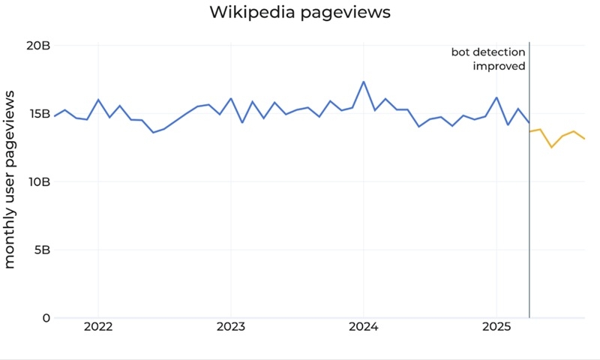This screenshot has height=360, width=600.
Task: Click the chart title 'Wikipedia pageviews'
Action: [300, 13]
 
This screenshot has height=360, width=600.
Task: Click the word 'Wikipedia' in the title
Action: [253, 13]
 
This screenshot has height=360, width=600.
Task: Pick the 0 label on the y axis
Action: [46, 318]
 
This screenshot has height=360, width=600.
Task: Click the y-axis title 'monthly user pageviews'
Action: [10, 180]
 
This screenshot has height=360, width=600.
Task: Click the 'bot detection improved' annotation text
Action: [488, 58]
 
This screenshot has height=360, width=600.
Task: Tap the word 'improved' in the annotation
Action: [499, 66]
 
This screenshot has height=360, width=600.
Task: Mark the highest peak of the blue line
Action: [364, 82]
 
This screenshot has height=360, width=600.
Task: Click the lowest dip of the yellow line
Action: [551, 147]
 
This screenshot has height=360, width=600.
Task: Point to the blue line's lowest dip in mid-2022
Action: [153, 133]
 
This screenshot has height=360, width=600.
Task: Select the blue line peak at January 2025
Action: [496, 97]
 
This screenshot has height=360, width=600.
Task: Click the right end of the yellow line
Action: [584, 139]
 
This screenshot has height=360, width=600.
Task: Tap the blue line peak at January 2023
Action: [230, 98]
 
